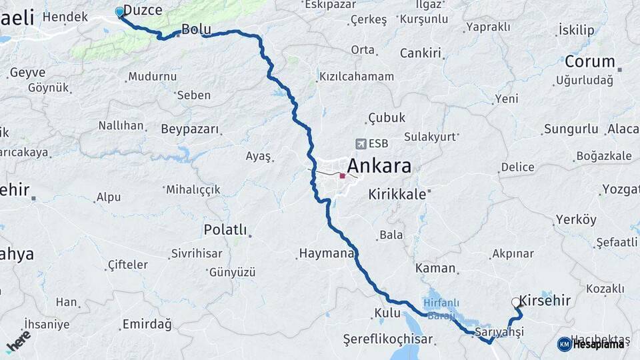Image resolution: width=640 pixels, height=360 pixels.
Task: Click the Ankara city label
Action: pos(379,166)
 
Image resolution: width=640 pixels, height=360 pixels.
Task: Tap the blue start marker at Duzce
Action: pos(119,12)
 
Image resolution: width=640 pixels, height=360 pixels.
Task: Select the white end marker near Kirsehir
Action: pos(516,302)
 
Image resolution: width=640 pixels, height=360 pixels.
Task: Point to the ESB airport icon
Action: pos(361,143)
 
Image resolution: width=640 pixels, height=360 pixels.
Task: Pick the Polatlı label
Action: pos(225,230)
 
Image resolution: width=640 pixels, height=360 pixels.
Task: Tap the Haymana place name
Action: pos(326,253)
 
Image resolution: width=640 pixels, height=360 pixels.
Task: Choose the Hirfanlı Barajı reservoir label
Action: pos(440,307)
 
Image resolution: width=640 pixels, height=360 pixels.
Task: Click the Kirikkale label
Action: pos(397,195)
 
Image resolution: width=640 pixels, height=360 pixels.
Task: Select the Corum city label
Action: pos(589,61)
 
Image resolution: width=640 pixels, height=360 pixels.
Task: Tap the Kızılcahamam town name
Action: pos(356,76)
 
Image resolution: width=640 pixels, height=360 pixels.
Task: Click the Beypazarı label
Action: pos(189,129)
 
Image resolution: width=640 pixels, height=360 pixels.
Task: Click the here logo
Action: pos(18,341)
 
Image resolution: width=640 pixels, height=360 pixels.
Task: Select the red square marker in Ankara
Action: pos(342,176)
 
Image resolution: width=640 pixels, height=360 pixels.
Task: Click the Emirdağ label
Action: pos(147,325)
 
